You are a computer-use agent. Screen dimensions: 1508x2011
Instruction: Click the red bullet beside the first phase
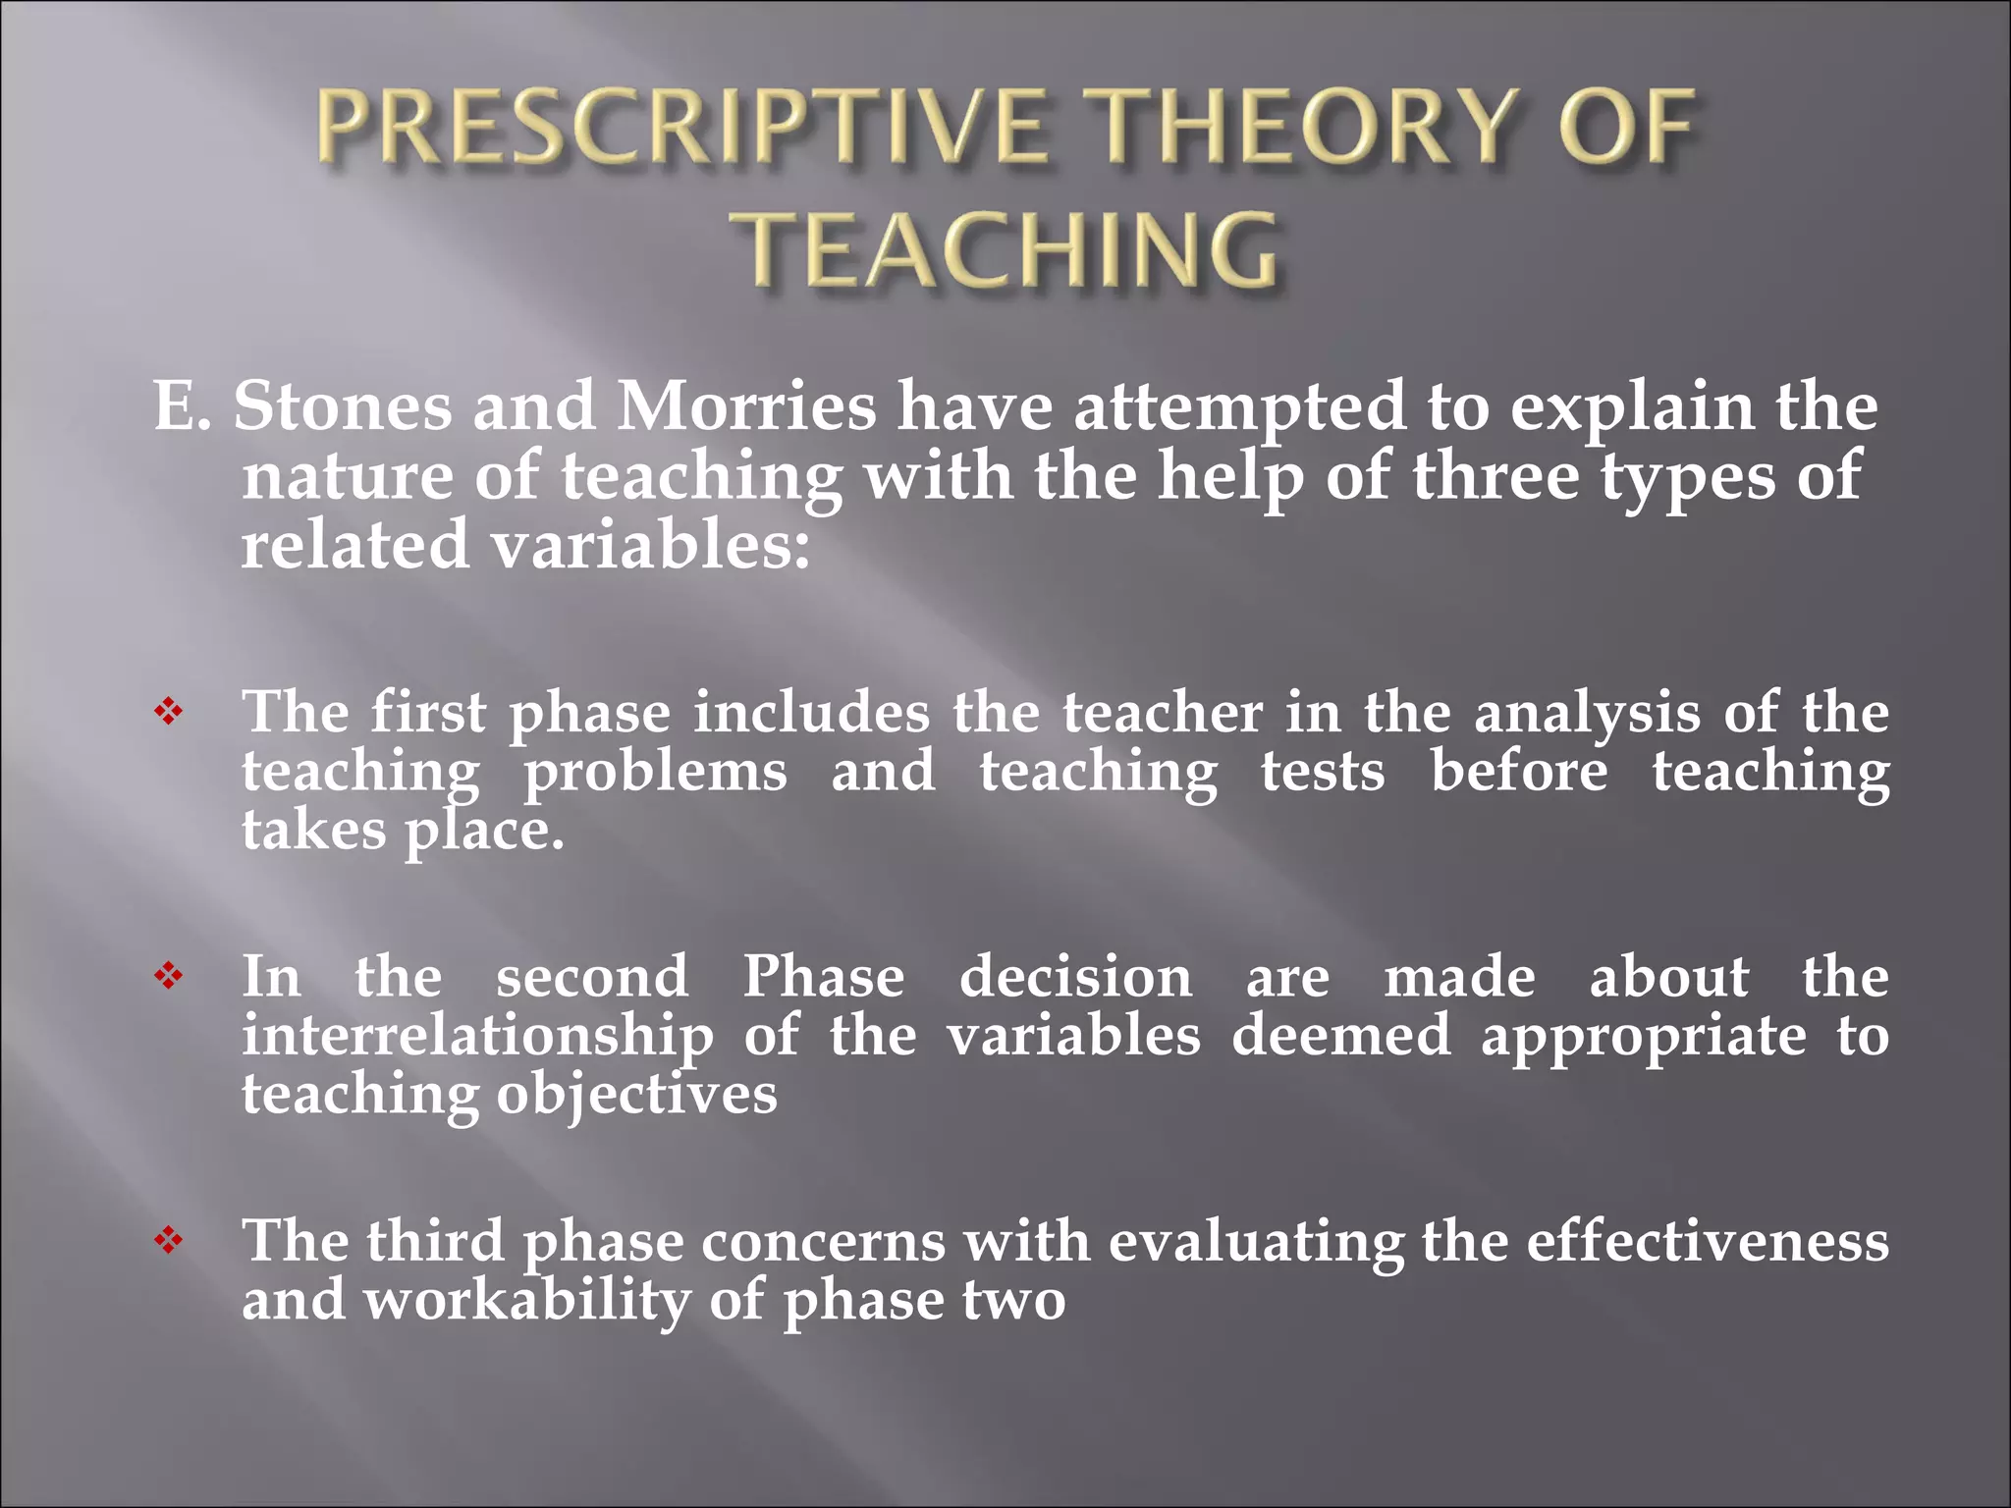pos(169,712)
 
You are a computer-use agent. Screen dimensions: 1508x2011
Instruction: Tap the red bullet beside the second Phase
pos(169,976)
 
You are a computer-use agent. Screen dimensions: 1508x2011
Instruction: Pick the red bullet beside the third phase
pos(169,1241)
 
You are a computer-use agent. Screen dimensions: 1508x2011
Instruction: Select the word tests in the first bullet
pos(1323,772)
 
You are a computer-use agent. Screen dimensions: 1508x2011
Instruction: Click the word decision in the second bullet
pos(1075,978)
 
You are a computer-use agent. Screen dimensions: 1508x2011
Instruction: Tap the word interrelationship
pos(478,1038)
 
